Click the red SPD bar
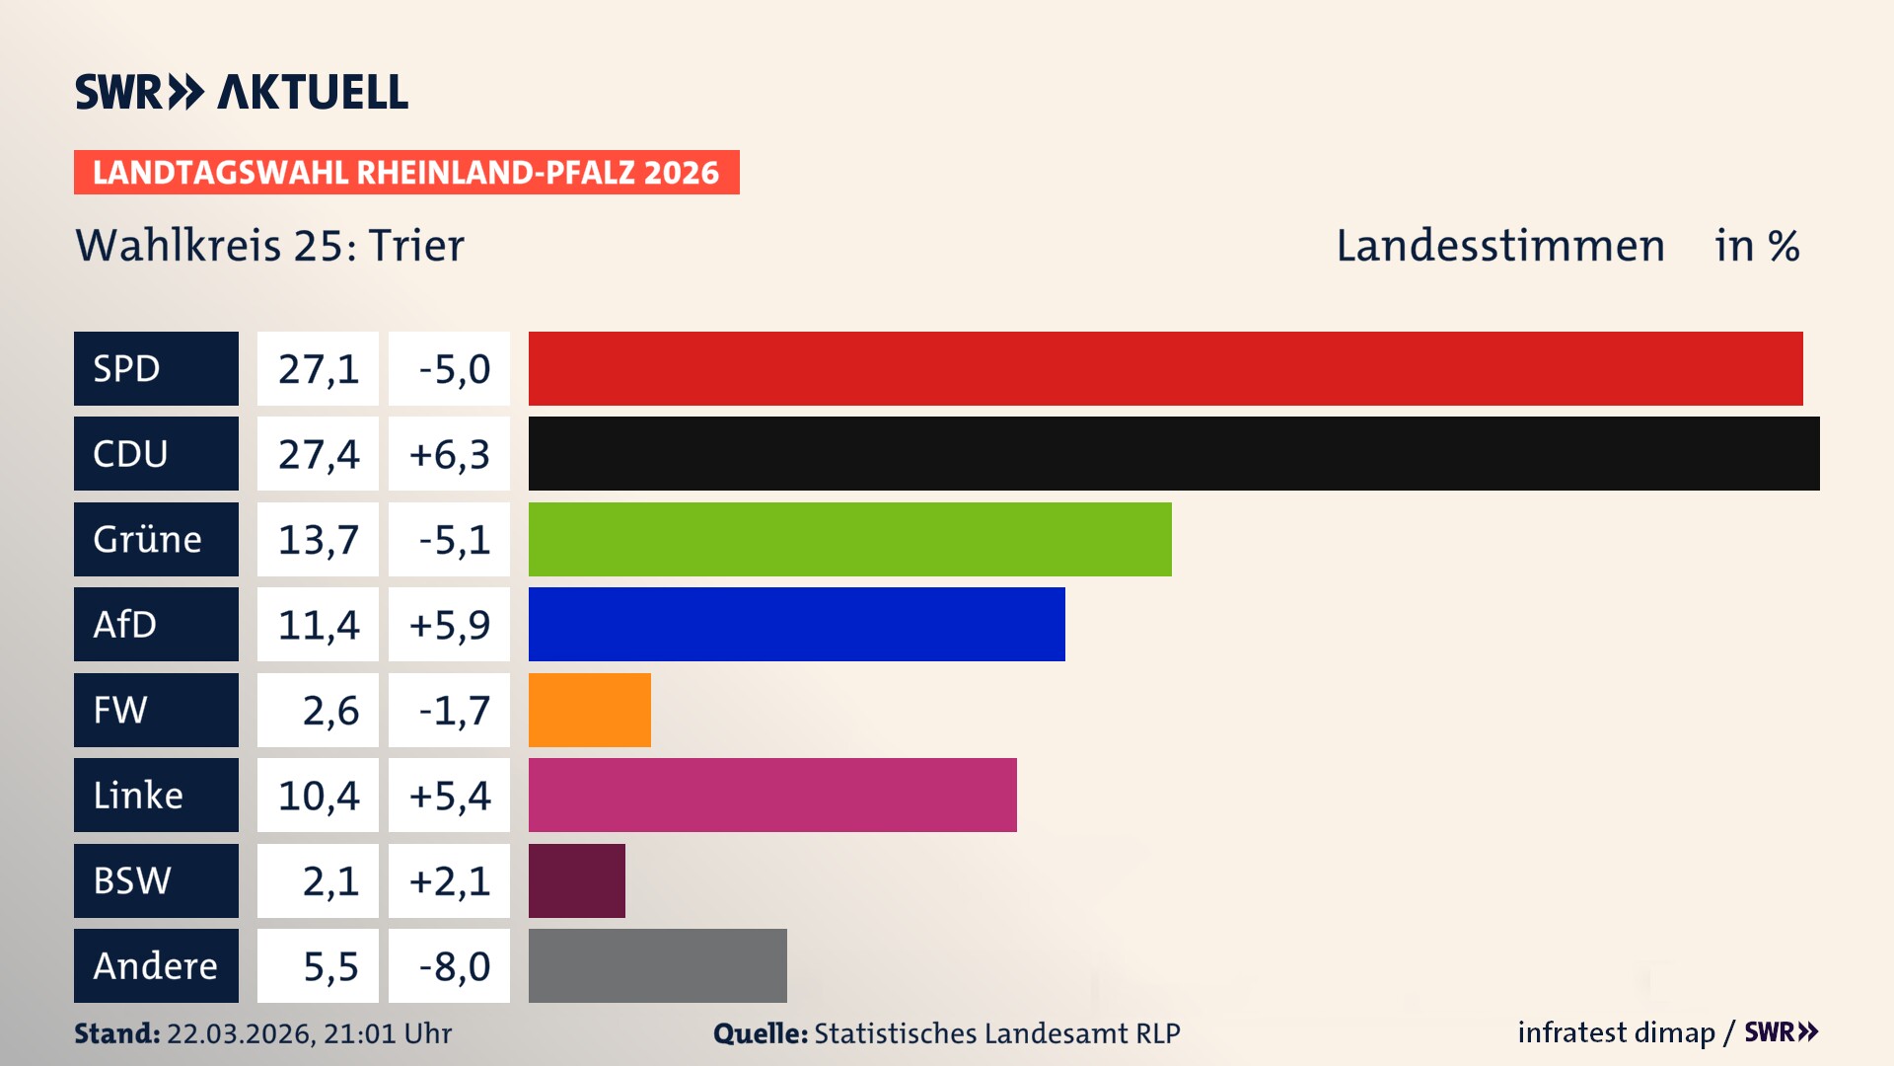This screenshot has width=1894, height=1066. (x=1165, y=368)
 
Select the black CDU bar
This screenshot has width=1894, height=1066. (x=1174, y=453)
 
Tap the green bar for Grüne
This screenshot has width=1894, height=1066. (x=849, y=539)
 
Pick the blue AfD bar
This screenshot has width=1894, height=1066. (x=796, y=624)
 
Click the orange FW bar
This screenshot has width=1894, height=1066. (x=589, y=710)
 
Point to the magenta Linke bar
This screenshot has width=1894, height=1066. (x=772, y=795)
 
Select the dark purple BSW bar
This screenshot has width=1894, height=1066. (x=576, y=880)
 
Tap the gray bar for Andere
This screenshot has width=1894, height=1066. (x=657, y=965)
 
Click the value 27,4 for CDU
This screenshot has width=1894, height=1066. (x=318, y=454)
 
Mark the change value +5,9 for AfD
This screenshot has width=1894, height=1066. (x=449, y=625)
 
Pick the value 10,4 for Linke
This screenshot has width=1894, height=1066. (x=318, y=796)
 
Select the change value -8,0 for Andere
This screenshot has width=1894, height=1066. (x=453, y=966)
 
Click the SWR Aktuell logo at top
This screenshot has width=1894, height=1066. (x=241, y=92)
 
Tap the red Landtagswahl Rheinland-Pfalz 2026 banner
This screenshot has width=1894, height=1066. (x=405, y=173)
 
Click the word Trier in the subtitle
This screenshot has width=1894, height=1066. (x=415, y=246)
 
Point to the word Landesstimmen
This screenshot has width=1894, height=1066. (x=1499, y=246)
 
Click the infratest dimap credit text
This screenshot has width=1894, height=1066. (x=1615, y=1032)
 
